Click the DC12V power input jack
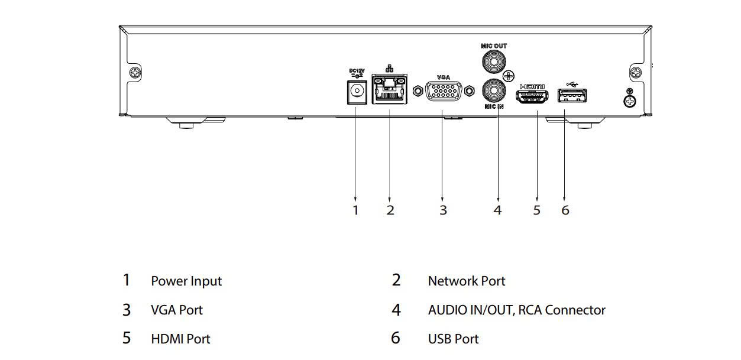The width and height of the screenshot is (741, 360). coord(357,92)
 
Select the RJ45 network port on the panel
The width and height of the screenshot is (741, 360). coord(389,89)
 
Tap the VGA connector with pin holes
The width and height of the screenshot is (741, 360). coord(444,91)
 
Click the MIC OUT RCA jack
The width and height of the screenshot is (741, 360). coord(494,62)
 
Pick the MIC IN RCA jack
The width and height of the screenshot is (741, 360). coord(494,90)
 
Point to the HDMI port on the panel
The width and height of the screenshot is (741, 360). coord(532,96)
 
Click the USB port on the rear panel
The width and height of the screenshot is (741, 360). coord(572,96)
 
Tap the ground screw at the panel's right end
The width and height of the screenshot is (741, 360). coord(630,101)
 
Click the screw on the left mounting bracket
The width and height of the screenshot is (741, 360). coord(135,72)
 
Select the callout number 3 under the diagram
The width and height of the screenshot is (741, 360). coord(444,210)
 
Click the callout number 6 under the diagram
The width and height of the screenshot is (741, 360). coord(565,210)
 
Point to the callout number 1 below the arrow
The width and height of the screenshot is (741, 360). coord(355,210)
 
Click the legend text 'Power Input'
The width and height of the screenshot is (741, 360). coord(186,281)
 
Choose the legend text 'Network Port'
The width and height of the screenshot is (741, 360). coord(467,281)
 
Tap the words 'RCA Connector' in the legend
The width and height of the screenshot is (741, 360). coord(562,310)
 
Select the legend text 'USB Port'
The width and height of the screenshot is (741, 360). coord(453,339)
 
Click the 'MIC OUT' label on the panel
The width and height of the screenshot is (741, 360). coord(494,46)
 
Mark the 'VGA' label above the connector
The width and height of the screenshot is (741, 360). coord(444,77)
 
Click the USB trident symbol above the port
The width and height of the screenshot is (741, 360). coord(572,85)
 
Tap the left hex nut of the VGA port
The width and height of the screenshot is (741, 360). coord(418,91)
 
